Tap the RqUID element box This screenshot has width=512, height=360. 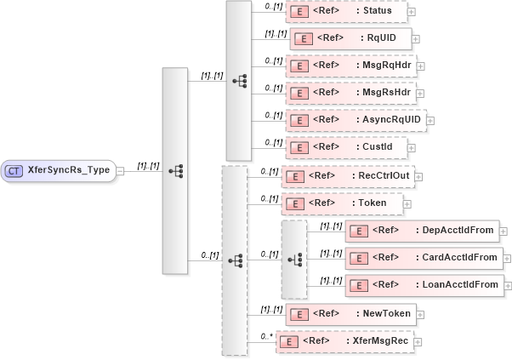click(350, 38)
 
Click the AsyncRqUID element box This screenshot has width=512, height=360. click(355, 120)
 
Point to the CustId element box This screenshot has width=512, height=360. click(345, 147)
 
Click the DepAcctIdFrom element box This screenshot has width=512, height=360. click(422, 231)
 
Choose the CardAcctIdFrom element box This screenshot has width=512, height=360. click(424, 257)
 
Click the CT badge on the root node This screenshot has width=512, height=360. click(14, 170)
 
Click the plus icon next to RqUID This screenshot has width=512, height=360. click(416, 39)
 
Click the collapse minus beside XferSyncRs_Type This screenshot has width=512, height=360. click(121, 170)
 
